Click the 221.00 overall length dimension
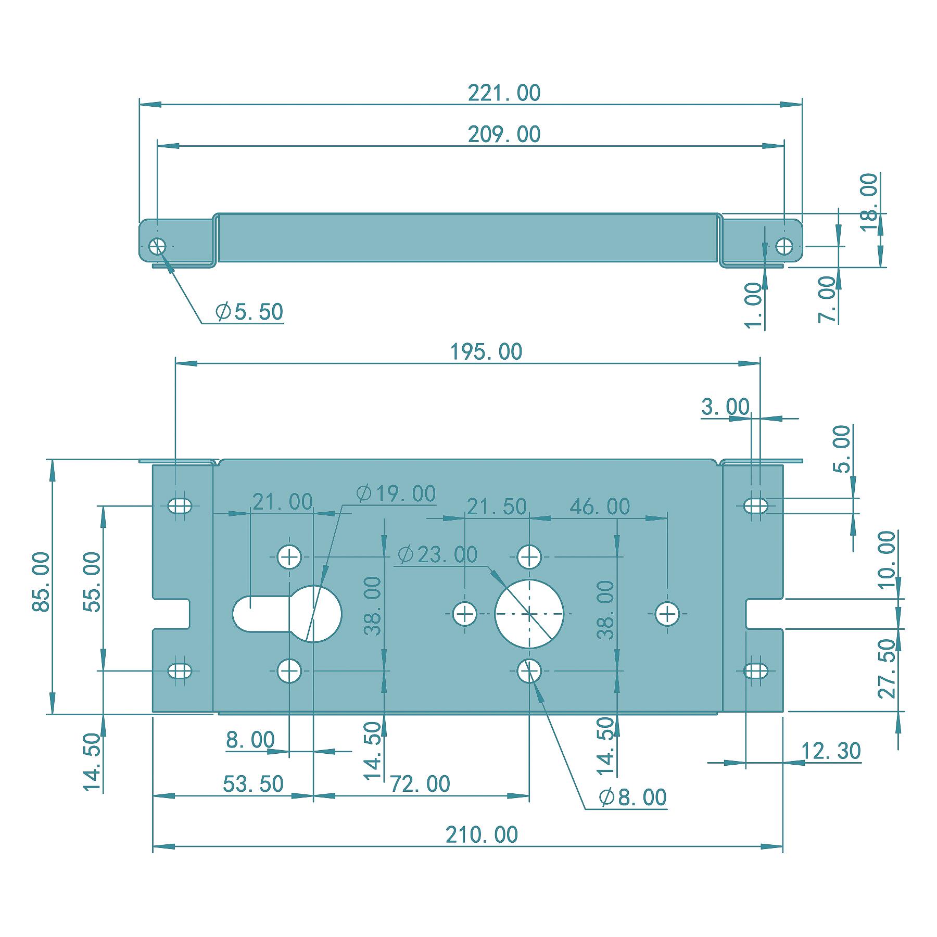(x=504, y=93)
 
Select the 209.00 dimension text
(x=504, y=135)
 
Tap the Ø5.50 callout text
(x=249, y=312)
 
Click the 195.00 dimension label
(x=486, y=352)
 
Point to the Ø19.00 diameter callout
(x=397, y=493)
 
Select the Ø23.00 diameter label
(x=437, y=555)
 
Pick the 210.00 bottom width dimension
(x=482, y=835)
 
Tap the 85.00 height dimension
(x=42, y=582)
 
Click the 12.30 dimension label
(x=831, y=751)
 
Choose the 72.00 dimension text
(x=420, y=784)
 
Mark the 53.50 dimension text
(x=253, y=784)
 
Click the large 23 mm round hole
(x=529, y=614)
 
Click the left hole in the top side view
(x=157, y=246)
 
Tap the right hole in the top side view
(x=784, y=246)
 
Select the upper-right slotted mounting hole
(x=756, y=505)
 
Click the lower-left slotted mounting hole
(x=180, y=670)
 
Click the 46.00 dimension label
(x=600, y=507)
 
